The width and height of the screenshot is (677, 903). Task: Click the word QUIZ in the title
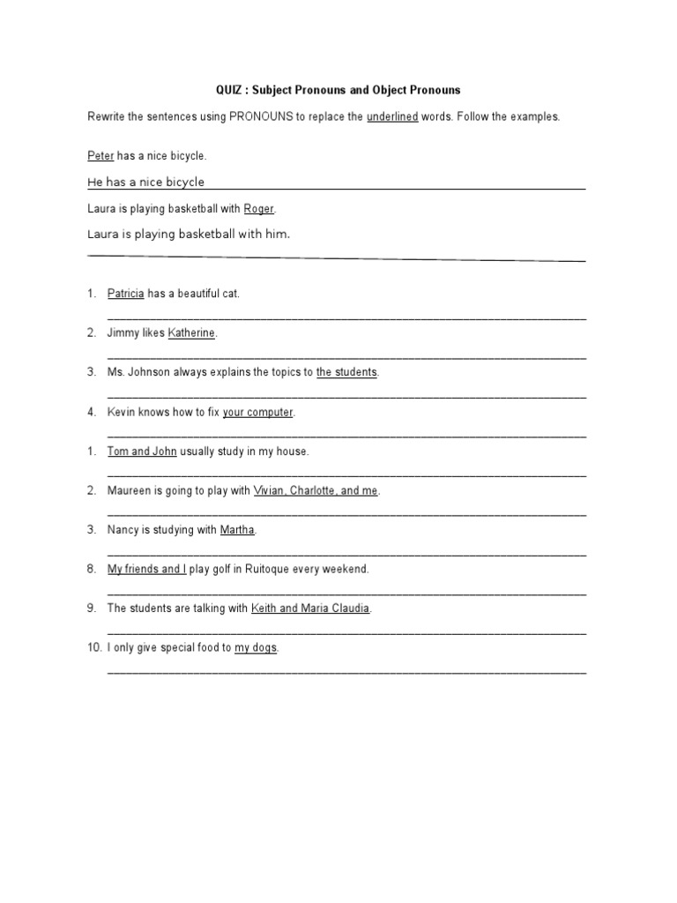pos(230,90)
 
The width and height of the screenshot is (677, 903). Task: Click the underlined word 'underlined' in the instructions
pos(392,116)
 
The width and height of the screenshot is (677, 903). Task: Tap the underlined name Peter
pos(100,156)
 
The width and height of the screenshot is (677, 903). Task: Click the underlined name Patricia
pos(125,294)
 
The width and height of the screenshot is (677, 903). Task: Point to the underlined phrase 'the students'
pos(346,373)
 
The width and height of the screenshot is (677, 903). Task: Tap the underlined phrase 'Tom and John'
pos(142,451)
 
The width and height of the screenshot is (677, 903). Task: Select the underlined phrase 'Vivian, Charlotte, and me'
pos(316,491)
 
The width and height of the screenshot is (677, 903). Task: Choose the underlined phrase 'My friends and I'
pos(146,570)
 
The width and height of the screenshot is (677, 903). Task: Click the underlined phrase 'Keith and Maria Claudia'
pos(310,608)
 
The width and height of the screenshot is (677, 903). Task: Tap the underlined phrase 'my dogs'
pos(256,648)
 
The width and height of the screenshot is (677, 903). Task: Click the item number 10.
pos(94,648)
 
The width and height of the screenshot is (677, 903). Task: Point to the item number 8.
pos(92,570)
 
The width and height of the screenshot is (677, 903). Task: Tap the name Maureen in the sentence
pos(130,491)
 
